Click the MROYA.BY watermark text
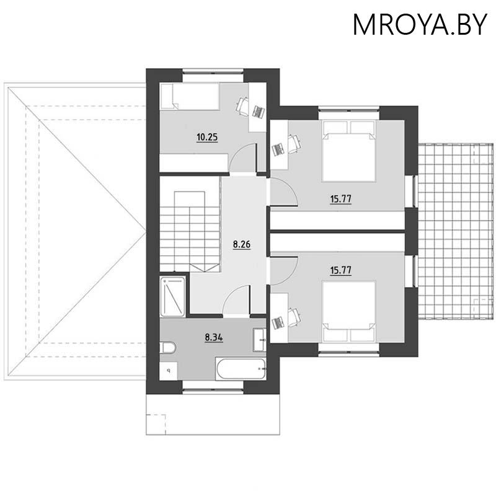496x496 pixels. tap(420, 25)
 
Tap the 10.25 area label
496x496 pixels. tap(206, 137)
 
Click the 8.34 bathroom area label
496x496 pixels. tap(215, 338)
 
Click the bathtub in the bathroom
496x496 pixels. tap(241, 369)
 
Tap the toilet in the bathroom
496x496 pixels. tap(167, 348)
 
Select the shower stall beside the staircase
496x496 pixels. tap(173, 296)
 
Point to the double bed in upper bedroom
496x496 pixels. tap(349, 151)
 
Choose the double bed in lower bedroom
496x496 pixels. tap(349, 311)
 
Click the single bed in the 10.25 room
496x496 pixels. tap(190, 96)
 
